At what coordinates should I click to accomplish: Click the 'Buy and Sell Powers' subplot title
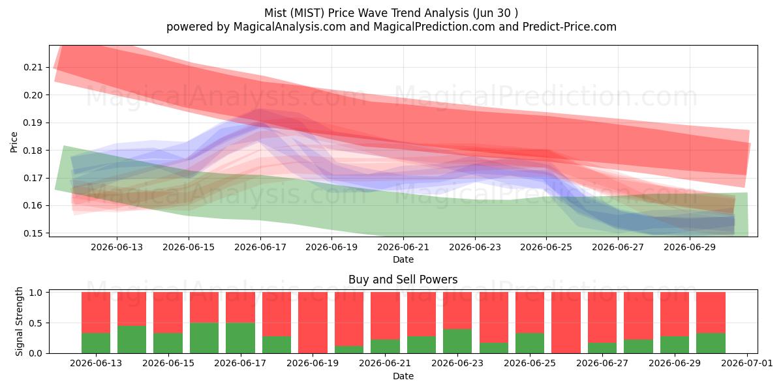[403, 280]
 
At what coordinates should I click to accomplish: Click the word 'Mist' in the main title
[273, 13]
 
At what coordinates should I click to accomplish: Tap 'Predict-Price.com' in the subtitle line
[570, 27]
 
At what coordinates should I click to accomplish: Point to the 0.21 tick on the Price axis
[33, 67]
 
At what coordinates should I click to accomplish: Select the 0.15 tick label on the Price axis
[33, 233]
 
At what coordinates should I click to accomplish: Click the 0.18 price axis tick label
[33, 151]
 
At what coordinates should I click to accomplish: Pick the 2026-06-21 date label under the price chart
[403, 247]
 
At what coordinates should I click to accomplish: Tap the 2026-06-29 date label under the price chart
[690, 247]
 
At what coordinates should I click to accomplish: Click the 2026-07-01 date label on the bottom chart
[747, 364]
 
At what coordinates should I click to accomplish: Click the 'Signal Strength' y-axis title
[19, 321]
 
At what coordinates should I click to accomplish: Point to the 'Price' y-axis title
[14, 142]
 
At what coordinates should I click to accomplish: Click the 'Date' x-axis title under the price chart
[403, 260]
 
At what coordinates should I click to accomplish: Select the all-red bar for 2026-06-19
[313, 323]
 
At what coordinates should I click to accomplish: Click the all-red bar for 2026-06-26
[566, 323]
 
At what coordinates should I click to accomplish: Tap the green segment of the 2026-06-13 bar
[96, 343]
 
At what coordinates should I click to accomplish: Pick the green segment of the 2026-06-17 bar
[241, 338]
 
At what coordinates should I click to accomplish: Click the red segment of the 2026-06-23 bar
[457, 311]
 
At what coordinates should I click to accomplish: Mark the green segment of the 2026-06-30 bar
[711, 343]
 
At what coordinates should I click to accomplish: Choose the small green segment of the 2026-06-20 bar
[349, 349]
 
